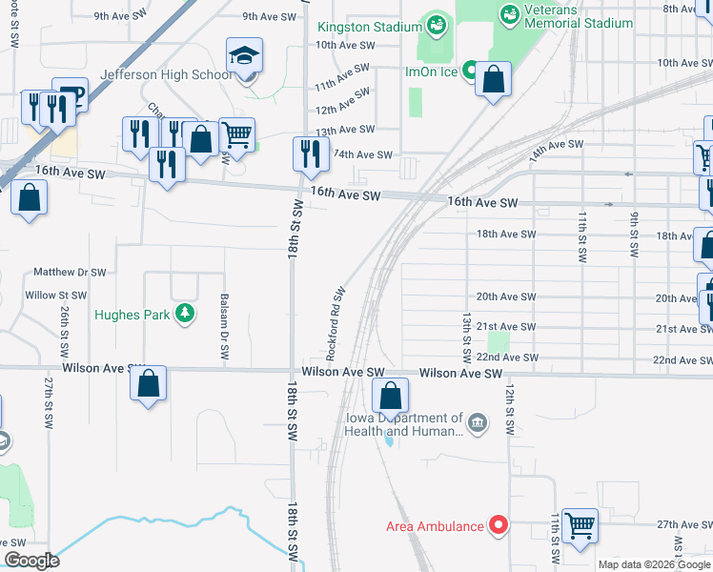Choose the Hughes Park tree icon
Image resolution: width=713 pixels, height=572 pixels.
coord(184,314)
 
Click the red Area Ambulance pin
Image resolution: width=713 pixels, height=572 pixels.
coord(497,525)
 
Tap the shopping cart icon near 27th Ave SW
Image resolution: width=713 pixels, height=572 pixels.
coord(580,524)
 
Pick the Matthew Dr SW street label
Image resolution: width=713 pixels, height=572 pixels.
coord(70,272)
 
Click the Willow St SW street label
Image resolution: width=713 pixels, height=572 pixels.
coord(55,296)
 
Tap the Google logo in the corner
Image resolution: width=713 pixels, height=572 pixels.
coord(31,561)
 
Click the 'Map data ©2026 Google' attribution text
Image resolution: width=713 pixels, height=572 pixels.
coord(654,564)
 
